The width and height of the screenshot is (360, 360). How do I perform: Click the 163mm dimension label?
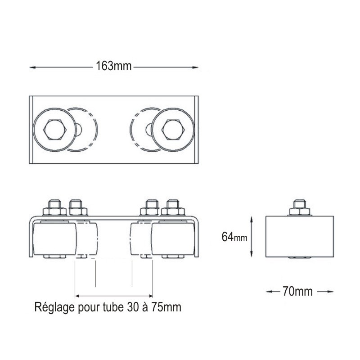(x=114, y=66)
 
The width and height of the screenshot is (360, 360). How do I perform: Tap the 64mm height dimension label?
(x=234, y=237)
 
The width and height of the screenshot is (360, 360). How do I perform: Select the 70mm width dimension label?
(x=297, y=291)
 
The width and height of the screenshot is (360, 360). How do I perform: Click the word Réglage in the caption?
(x=54, y=307)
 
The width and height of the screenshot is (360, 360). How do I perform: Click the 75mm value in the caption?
(x=166, y=307)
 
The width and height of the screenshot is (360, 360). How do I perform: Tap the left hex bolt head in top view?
(x=55, y=130)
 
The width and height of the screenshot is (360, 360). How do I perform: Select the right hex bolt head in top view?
(x=173, y=130)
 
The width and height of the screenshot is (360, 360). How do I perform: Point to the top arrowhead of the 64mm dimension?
(x=252, y=219)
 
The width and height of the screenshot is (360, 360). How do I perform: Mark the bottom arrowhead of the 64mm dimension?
(x=252, y=254)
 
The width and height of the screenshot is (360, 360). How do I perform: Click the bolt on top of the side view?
(x=300, y=207)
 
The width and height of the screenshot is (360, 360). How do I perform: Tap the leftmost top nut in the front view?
(x=54, y=207)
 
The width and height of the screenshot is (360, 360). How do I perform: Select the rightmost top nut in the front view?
(x=173, y=207)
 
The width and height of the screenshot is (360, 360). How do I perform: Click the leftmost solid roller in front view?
(x=54, y=239)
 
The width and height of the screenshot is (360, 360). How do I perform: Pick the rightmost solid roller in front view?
(x=173, y=239)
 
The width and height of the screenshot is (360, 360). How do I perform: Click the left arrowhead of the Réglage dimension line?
(x=77, y=296)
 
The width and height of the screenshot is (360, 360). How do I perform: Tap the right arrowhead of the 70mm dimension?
(x=330, y=292)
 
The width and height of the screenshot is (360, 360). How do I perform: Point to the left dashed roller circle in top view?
(x=82, y=130)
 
